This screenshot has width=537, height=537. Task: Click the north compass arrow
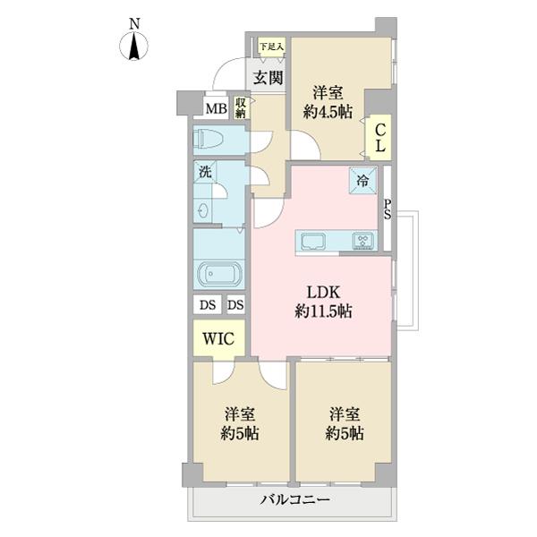pyautogui.click(x=134, y=46)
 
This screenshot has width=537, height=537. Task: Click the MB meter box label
pyautogui.click(x=215, y=109)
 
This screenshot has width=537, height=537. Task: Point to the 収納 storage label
pyautogui.click(x=242, y=108)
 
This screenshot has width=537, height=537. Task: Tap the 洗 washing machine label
pyautogui.click(x=205, y=174)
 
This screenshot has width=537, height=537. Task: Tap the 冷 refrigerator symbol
pyautogui.click(x=364, y=178)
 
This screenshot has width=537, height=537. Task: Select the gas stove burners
pyautogui.click(x=365, y=240)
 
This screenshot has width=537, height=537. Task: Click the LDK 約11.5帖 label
pyautogui.click(x=322, y=303)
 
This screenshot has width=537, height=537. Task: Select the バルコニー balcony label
pyautogui.click(x=296, y=501)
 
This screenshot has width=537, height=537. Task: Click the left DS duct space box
pyautogui.click(x=207, y=305)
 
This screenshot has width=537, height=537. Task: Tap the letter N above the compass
pyautogui.click(x=133, y=22)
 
